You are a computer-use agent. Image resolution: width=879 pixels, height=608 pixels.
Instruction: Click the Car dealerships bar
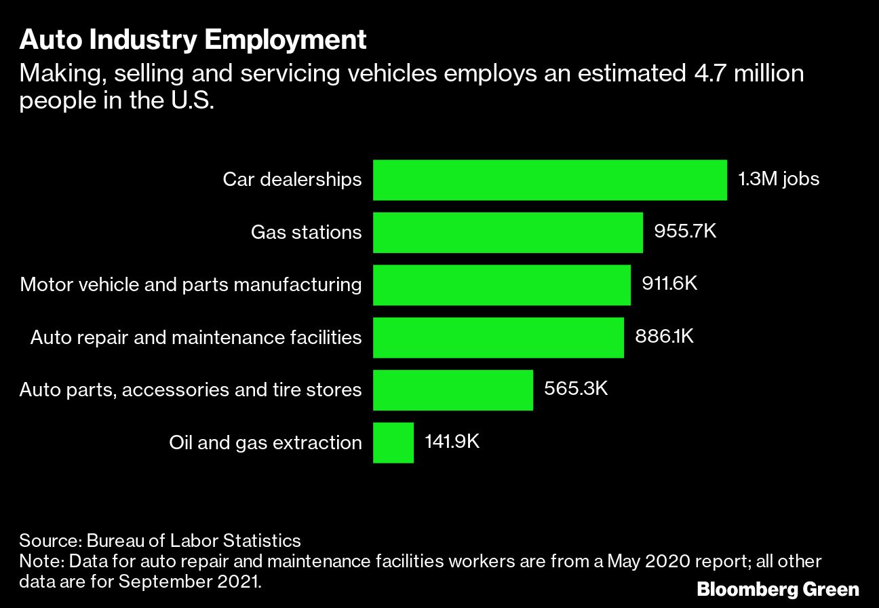click(549, 180)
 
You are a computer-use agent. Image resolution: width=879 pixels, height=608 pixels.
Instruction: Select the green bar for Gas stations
click(507, 232)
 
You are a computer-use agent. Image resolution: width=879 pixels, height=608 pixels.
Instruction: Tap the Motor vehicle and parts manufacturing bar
click(501, 284)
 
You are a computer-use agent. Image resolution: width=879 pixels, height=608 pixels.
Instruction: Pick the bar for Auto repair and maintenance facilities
click(498, 337)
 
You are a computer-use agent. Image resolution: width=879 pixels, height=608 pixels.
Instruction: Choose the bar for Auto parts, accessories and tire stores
click(452, 389)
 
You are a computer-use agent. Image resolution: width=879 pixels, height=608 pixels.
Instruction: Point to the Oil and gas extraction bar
click(393, 442)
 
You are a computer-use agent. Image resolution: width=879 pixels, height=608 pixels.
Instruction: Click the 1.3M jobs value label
click(779, 180)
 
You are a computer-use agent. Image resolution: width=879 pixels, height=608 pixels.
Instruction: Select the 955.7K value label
click(685, 232)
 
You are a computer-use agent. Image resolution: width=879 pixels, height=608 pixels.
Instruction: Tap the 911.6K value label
click(669, 284)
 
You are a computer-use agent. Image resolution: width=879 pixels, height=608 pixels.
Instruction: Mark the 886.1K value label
click(664, 337)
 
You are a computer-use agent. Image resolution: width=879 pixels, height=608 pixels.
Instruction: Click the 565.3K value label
click(576, 389)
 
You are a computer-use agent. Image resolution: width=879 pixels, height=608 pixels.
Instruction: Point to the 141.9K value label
click(452, 442)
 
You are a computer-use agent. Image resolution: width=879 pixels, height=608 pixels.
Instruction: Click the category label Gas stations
click(306, 233)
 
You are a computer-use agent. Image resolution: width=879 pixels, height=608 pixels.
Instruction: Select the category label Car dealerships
click(292, 180)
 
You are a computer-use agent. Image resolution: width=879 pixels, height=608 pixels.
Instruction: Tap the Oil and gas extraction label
click(265, 442)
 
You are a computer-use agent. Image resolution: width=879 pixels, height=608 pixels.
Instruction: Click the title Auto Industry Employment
click(193, 41)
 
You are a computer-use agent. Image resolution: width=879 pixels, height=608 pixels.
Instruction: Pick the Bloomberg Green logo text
click(778, 589)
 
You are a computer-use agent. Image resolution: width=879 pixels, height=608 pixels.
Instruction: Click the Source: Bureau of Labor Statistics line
click(160, 541)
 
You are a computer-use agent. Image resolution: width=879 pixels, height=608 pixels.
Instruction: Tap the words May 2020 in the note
click(644, 562)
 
